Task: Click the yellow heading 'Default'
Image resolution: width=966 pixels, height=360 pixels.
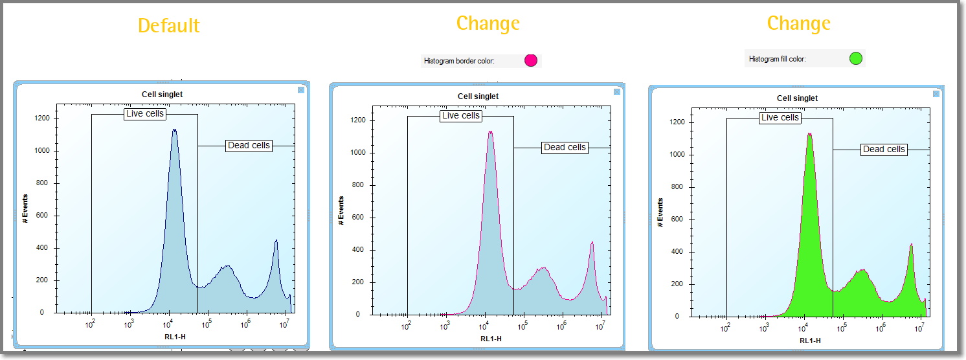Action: click(x=168, y=26)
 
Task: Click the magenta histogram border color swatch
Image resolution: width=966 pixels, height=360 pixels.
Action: click(x=531, y=61)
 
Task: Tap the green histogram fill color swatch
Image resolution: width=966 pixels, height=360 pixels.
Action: click(x=856, y=59)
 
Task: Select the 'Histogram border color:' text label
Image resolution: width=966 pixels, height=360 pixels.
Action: click(x=459, y=62)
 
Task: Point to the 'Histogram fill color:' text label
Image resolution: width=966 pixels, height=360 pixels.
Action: click(x=777, y=59)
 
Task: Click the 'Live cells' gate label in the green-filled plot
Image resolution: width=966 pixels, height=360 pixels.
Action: click(x=780, y=118)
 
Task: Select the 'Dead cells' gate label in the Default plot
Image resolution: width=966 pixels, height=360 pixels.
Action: click(x=249, y=146)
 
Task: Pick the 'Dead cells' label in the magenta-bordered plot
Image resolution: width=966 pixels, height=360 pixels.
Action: click(x=565, y=148)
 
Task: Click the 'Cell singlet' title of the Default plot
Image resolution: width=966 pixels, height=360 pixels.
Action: click(x=162, y=95)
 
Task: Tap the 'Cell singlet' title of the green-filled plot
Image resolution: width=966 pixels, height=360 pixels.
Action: click(x=797, y=98)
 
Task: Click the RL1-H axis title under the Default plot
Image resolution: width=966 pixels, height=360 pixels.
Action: click(x=170, y=337)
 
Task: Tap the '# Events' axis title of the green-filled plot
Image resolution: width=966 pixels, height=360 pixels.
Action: click(x=660, y=212)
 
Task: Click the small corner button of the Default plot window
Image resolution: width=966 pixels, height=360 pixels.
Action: click(x=301, y=91)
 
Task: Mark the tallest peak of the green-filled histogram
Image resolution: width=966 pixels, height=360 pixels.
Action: click(x=809, y=134)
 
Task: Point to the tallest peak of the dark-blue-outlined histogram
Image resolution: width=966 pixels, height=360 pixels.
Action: click(x=174, y=130)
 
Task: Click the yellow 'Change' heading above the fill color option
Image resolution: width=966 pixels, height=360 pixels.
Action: click(x=798, y=24)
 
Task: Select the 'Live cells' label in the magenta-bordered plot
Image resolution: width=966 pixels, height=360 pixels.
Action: click(x=460, y=116)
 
